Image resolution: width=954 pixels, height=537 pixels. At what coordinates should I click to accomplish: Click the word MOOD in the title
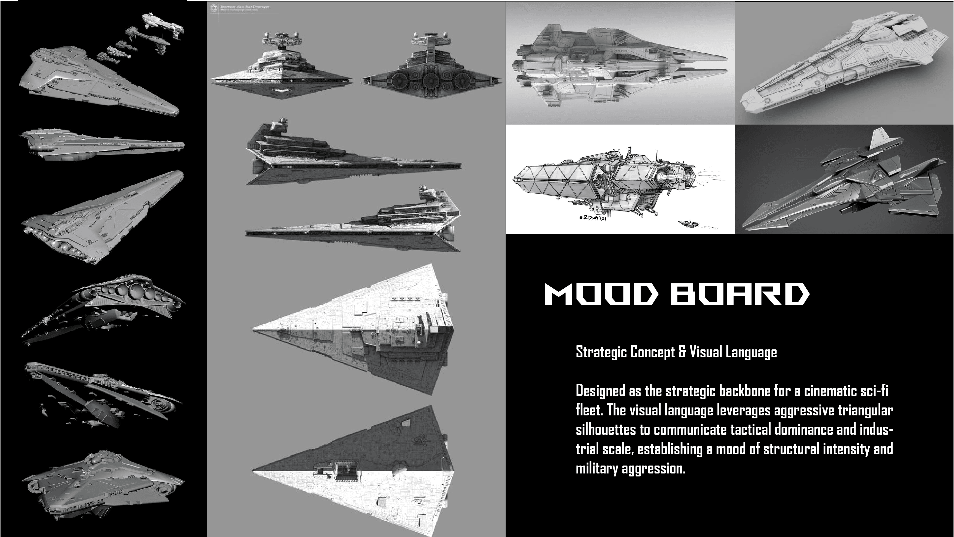coord(602,294)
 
